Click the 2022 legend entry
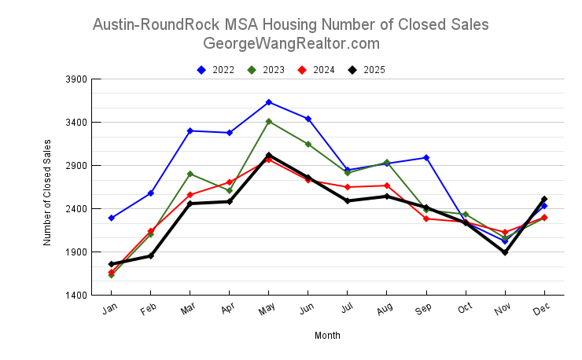[x=216, y=70]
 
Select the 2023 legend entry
[x=267, y=70]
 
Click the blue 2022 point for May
[x=269, y=102]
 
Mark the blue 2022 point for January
[x=112, y=218]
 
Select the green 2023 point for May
[x=269, y=122]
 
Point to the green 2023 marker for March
[x=190, y=174]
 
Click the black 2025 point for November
[x=505, y=252]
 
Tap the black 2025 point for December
[x=544, y=199]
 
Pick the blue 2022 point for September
[x=426, y=158]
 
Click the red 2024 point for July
[x=348, y=187]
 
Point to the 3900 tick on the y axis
[x=76, y=79]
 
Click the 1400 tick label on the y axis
[x=76, y=296]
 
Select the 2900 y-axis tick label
[x=76, y=166]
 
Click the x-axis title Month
[x=327, y=336]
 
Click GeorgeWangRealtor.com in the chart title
[x=291, y=43]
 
